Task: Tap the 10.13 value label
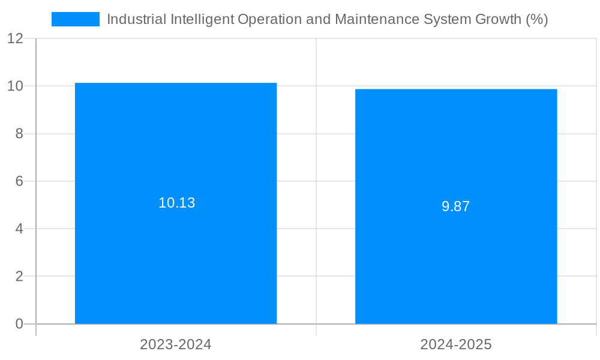pos(176,203)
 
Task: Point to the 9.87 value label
pos(456,206)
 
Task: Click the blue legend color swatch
pos(76,19)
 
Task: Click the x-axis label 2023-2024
pos(176,344)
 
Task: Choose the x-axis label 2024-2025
pos(456,344)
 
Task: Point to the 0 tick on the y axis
pos(19,324)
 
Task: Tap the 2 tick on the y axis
pos(19,277)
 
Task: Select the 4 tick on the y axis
pos(19,229)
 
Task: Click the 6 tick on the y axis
pos(19,181)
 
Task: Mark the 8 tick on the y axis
pos(19,134)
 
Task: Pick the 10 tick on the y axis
pos(16,86)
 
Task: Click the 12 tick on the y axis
pos(16,38)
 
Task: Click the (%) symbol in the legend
pos(536,19)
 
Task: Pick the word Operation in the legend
pos(269,19)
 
